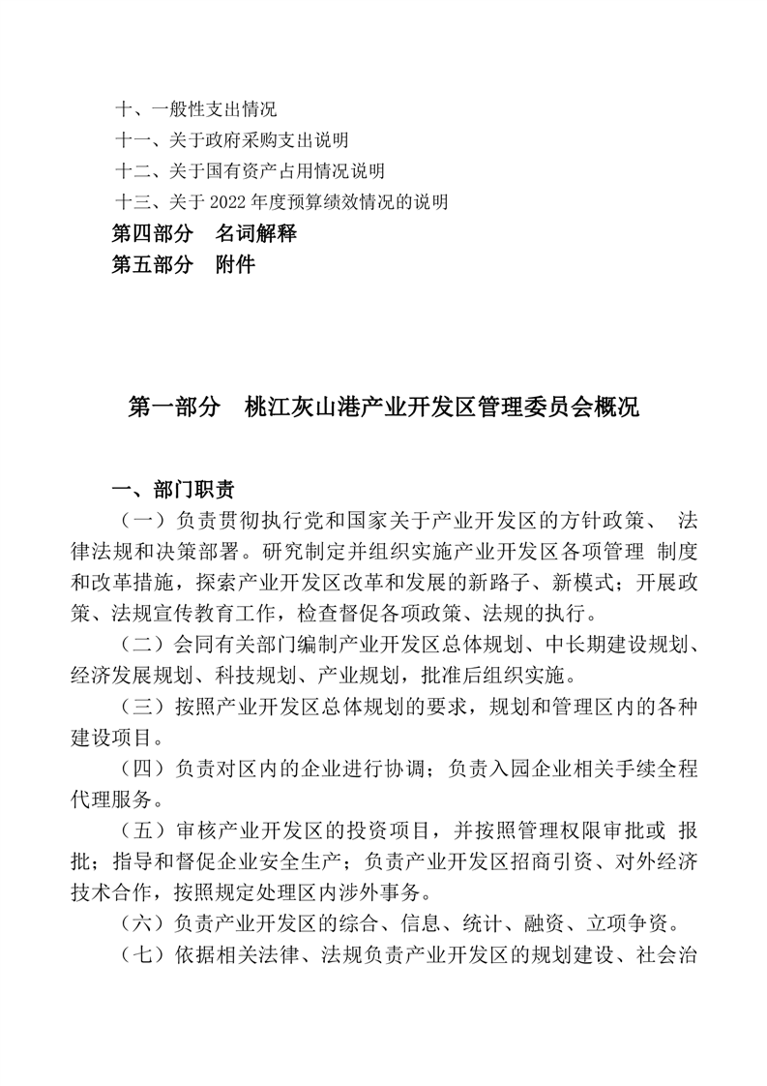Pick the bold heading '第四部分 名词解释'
tap(204, 233)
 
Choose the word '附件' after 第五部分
tap(235, 264)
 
